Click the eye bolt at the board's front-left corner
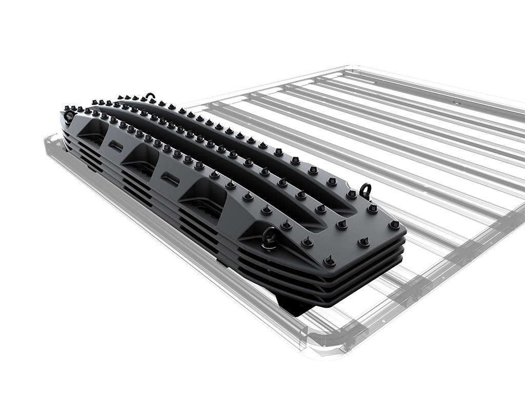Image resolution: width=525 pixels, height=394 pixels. [270, 237]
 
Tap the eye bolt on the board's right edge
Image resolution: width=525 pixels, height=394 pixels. [365, 190]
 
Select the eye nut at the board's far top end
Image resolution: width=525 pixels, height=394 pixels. [150, 96]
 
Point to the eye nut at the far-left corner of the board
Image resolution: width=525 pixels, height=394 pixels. [69, 115]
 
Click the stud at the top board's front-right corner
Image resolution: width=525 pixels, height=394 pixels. [394, 224]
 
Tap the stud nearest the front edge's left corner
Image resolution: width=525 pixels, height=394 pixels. [329, 261]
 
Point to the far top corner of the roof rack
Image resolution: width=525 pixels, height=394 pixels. [354, 67]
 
